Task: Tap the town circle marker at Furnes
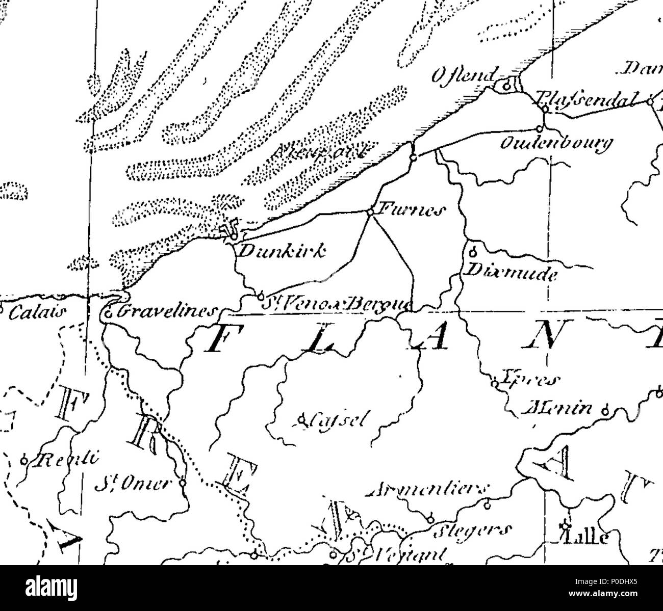tap(371, 211)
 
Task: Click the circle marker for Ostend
tap(506, 87)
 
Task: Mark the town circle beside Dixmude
tap(472, 251)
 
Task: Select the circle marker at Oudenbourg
tap(539, 128)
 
